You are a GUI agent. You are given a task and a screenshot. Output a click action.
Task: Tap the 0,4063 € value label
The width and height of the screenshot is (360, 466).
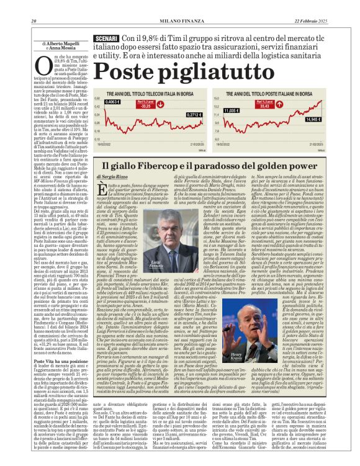(x=113, y=102)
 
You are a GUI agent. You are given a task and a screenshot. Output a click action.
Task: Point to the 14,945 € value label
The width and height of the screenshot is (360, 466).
(x=313, y=119)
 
